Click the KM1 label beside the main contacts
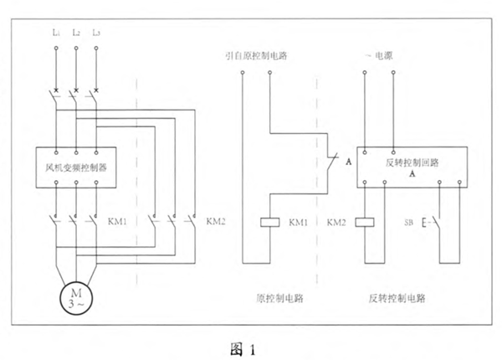[118, 223]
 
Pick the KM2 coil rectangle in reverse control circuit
[366, 223]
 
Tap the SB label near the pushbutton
[409, 224]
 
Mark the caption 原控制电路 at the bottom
[276, 296]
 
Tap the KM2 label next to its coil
[336, 224]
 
